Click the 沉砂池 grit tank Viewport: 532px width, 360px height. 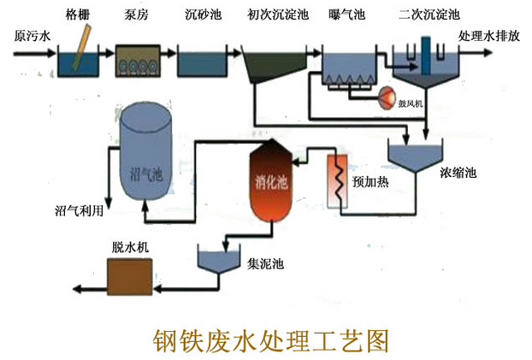pyautogui.click(x=202, y=63)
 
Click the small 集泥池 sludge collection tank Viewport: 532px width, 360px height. pyautogui.click(x=216, y=257)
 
